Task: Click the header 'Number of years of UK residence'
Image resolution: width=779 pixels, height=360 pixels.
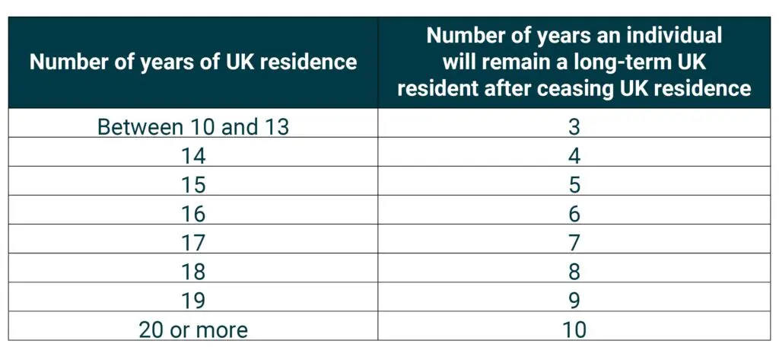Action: pyautogui.click(x=193, y=62)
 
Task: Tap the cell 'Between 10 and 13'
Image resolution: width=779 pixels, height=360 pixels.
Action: pyautogui.click(x=193, y=126)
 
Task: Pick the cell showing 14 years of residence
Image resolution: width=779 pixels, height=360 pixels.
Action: pyautogui.click(x=193, y=155)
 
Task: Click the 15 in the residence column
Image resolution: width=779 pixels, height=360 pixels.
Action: pyautogui.click(x=193, y=185)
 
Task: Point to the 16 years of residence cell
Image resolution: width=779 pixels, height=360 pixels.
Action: pyautogui.click(x=193, y=214)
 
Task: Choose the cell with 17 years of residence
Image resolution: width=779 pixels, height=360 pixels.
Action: pyautogui.click(x=193, y=243)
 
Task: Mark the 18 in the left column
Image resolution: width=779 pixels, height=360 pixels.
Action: pyautogui.click(x=193, y=272)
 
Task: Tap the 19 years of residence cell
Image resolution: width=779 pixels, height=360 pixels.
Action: pyautogui.click(x=193, y=301)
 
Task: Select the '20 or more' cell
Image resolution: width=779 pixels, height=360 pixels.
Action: pyautogui.click(x=193, y=330)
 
